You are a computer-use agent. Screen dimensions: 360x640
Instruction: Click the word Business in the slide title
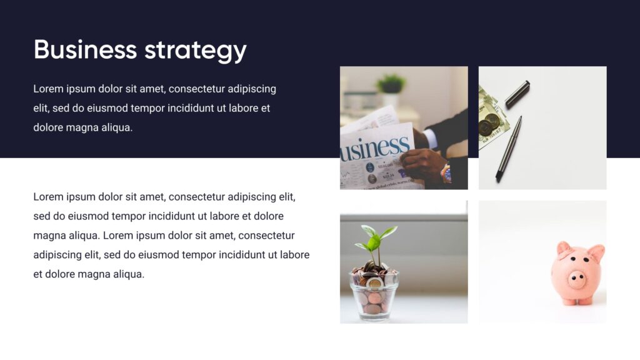[85, 49]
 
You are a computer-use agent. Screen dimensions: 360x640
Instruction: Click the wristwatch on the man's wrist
[446, 172]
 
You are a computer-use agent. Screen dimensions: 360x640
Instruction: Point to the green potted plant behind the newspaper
[391, 85]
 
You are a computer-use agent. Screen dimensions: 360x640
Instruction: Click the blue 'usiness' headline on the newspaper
[375, 149]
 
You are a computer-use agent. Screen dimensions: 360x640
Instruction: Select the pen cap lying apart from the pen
[517, 93]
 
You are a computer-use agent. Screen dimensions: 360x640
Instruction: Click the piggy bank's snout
[576, 279]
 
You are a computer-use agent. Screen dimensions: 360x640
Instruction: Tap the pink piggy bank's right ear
[596, 253]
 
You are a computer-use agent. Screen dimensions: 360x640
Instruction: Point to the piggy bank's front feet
[577, 301]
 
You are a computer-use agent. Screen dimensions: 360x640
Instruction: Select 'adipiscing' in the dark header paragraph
[252, 89]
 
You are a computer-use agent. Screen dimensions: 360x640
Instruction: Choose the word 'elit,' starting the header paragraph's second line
[42, 108]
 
